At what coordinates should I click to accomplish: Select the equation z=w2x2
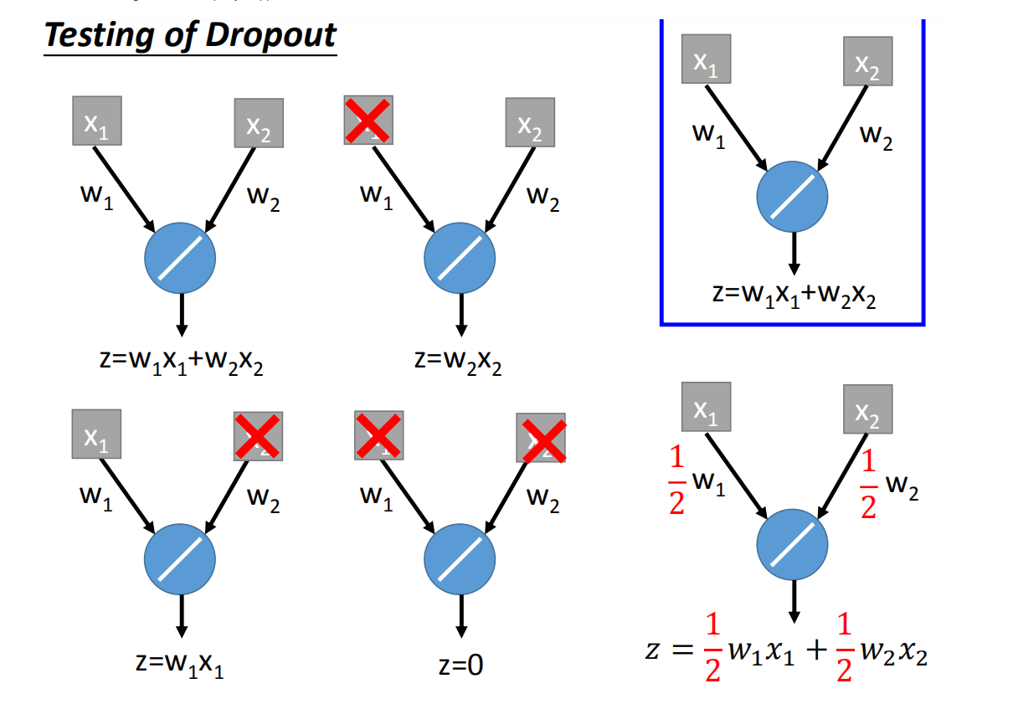458,362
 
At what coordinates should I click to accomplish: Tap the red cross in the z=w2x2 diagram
367,121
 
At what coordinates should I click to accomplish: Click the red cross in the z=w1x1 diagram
259,435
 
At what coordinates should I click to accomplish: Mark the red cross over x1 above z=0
378,435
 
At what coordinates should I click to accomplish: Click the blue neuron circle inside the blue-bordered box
792,196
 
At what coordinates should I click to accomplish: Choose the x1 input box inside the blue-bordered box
706,59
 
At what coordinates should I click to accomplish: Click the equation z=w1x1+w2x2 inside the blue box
791,296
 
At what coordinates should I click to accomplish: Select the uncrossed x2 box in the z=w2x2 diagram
530,123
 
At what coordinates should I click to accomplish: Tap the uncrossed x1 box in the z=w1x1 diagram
96,434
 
